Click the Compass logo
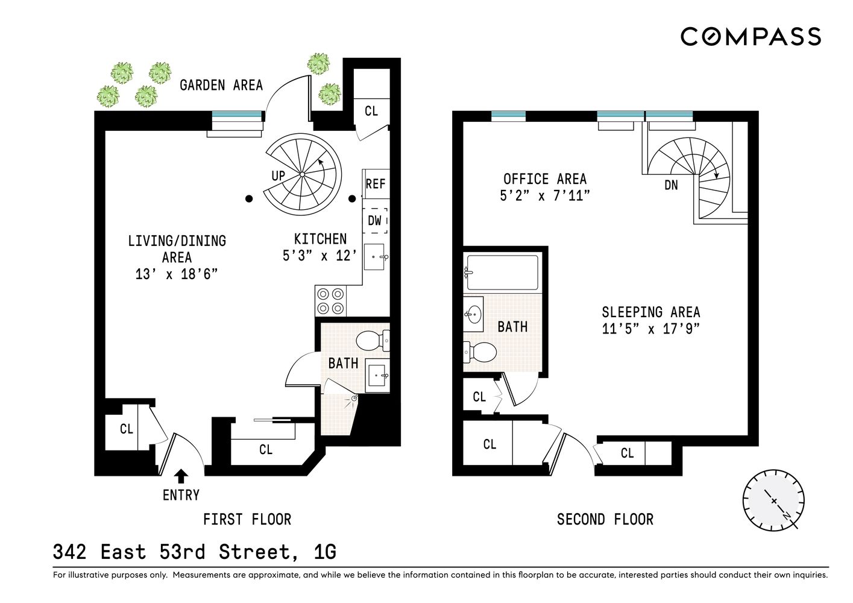[x=751, y=36]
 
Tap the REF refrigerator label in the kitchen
[x=375, y=183]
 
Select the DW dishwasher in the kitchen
[x=375, y=221]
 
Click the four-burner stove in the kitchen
[x=330, y=301]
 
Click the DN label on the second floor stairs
[x=671, y=185]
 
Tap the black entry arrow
[x=180, y=476]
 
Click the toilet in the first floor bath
[x=372, y=341]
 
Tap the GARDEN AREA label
[x=221, y=85]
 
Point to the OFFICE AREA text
[x=544, y=179]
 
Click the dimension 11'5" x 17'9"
[x=650, y=329]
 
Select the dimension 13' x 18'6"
[x=176, y=274]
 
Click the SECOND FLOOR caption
[x=605, y=519]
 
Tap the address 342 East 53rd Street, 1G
[x=194, y=552]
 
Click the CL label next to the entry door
[x=126, y=429]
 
